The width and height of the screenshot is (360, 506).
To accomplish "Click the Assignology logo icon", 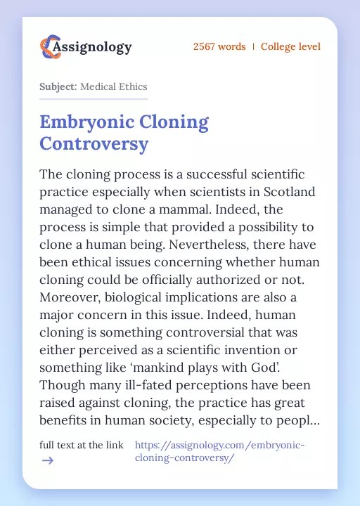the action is (x=50, y=47).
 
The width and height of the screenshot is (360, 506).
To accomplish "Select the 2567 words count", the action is (x=219, y=47).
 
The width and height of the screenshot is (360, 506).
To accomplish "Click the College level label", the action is (x=290, y=47).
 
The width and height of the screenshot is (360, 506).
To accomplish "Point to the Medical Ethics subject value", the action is (x=114, y=86).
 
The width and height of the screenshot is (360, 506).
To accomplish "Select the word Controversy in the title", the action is (x=94, y=144).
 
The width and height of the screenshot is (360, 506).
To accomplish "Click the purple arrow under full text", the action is (x=47, y=460).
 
